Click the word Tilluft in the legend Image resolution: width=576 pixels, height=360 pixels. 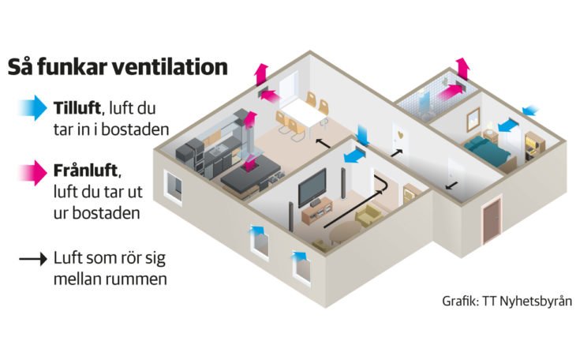click(77, 107)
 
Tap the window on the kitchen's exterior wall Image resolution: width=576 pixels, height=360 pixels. click(173, 186)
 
